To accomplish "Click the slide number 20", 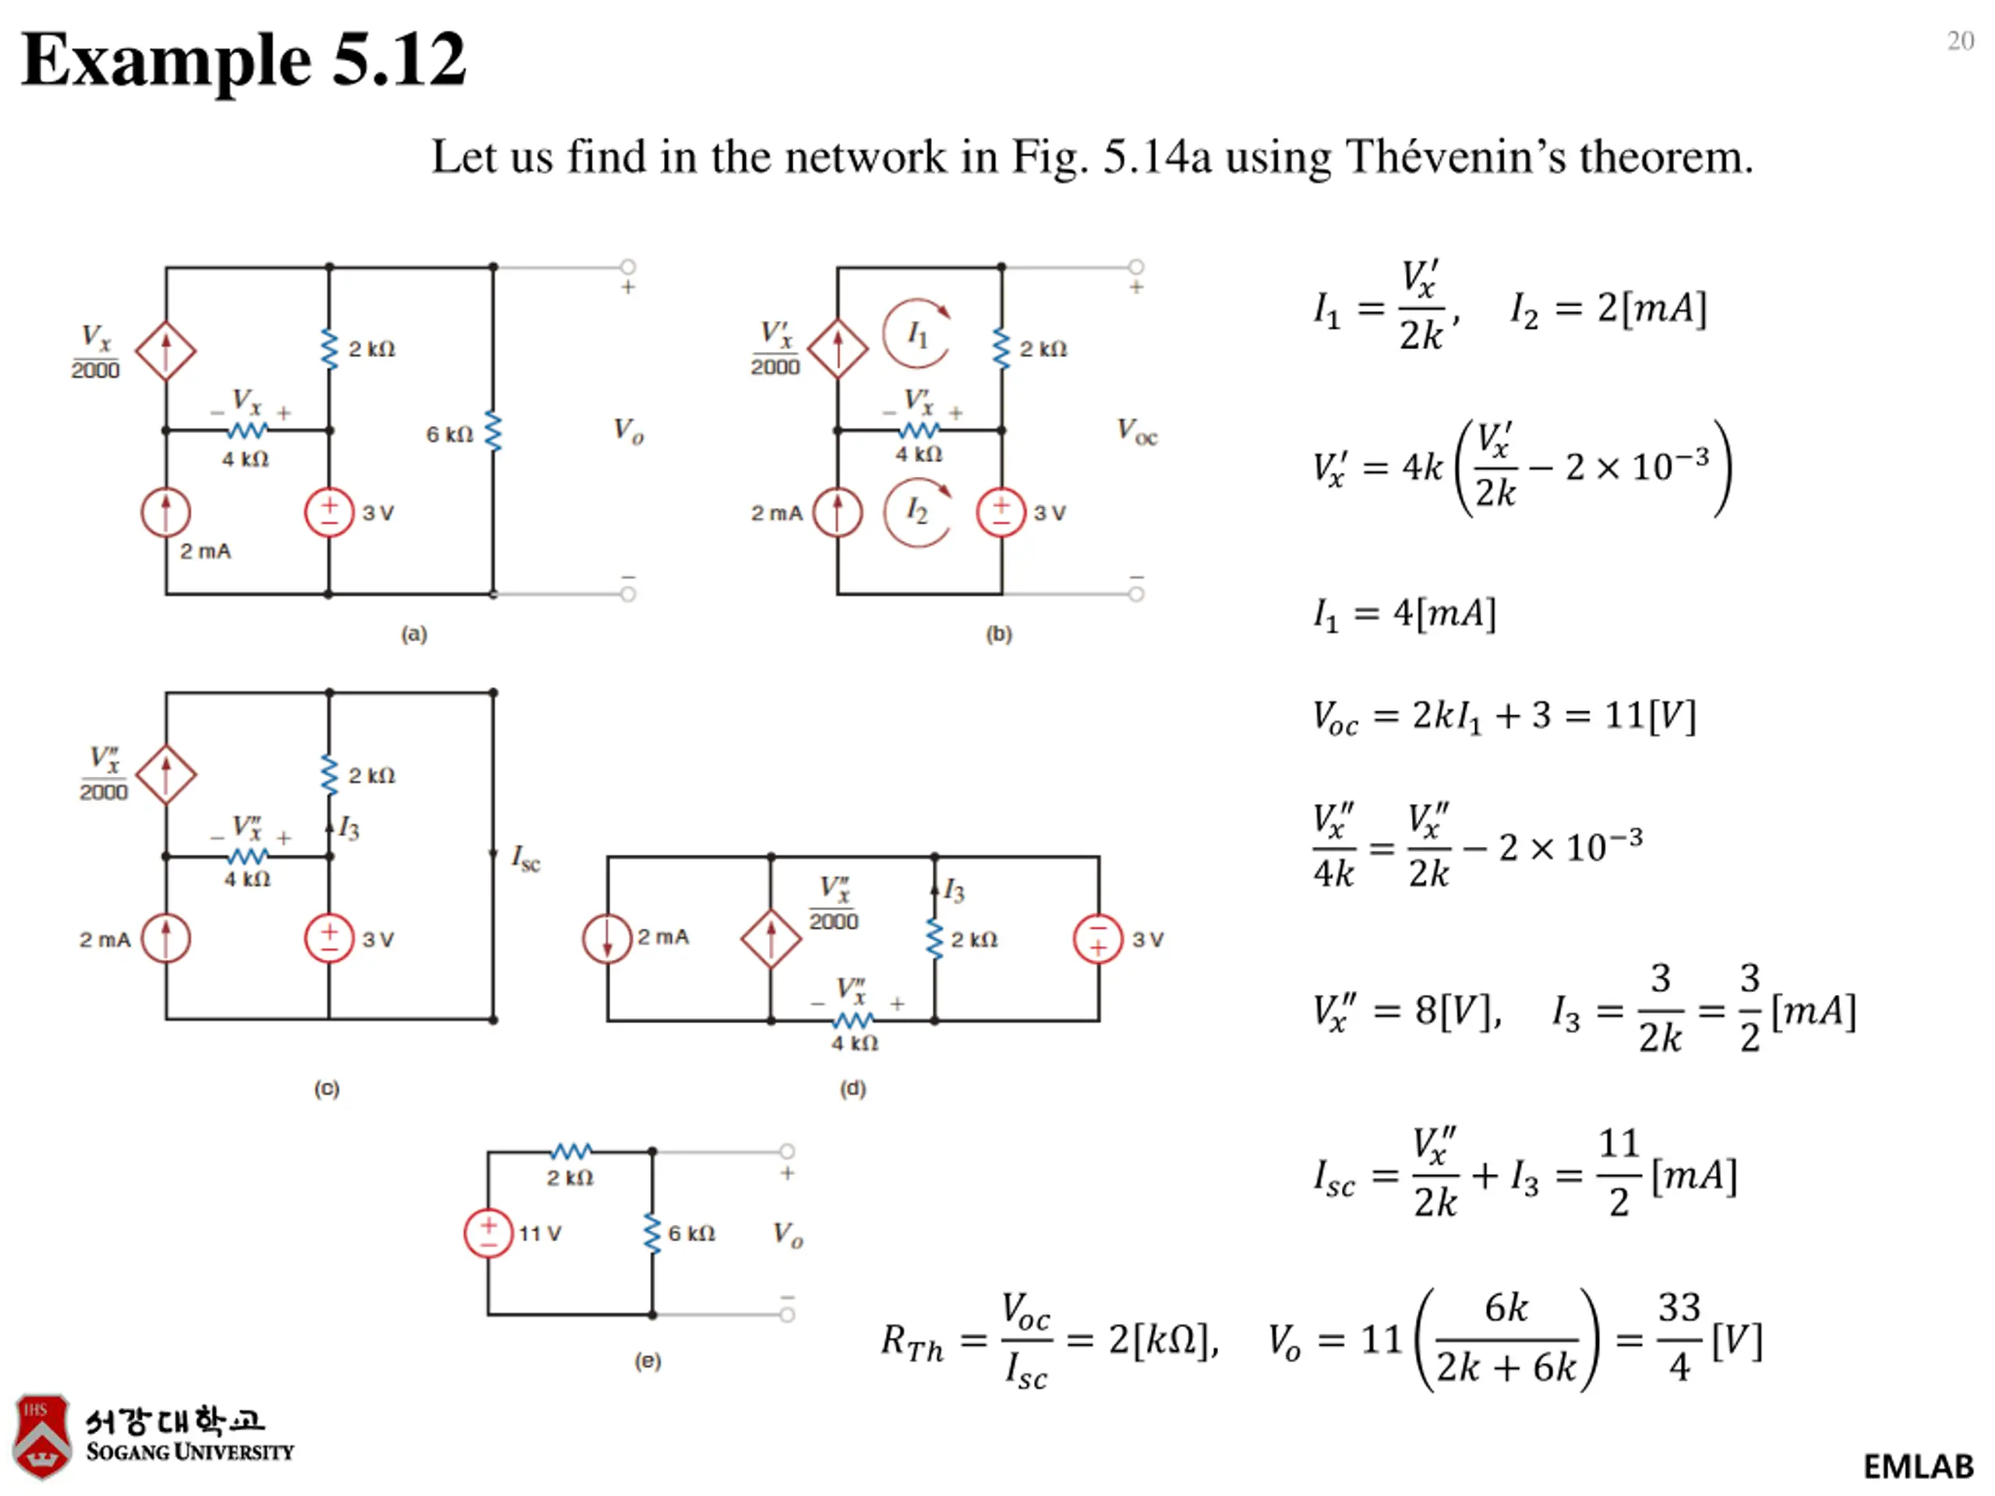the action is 1961,41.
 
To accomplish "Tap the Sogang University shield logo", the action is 41,1437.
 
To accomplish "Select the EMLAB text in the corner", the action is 1919,1467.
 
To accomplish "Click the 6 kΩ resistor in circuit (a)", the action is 493,431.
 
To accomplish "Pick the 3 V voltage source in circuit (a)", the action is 329,512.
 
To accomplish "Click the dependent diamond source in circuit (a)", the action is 166,350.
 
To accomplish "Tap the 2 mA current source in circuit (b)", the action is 837,512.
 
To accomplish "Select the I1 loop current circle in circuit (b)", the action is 916,333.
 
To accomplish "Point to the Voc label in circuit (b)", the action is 1137,431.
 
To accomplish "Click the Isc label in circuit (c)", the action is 526,858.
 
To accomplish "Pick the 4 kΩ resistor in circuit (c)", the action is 247,856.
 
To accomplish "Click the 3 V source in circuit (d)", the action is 1099,939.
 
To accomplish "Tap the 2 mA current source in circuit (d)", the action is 607,939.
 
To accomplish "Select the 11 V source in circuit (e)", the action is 488,1233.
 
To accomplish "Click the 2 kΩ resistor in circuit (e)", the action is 571,1152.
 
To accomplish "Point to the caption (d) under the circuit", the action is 853,1088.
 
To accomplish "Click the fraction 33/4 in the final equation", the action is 1679,1337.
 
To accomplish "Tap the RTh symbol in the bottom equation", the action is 912,1342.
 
